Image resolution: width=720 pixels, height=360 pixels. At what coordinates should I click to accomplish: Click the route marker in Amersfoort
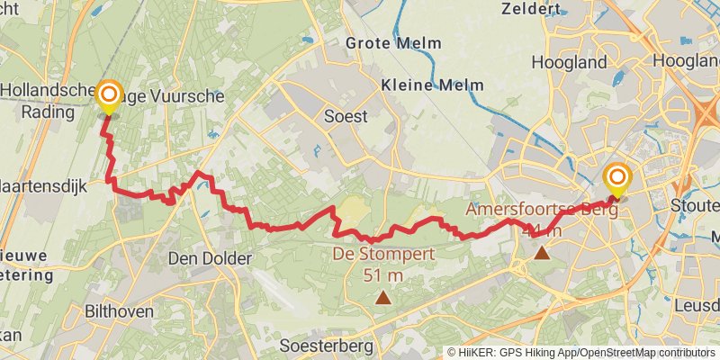pos(617,177)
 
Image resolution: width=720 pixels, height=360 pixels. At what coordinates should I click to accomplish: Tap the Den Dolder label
pos(211,258)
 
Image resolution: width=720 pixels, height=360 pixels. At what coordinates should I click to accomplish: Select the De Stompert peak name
pos(384,255)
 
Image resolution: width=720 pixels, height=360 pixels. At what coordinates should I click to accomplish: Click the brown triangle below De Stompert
pos(383,297)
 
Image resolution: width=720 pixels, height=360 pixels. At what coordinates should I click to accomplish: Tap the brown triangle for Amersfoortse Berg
pos(542,253)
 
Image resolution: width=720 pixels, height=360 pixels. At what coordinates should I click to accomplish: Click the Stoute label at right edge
pos(696,205)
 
